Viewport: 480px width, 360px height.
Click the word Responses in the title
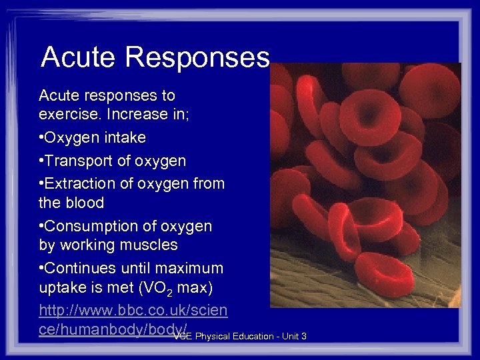click(x=196, y=57)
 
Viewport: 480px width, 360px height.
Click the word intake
click(x=123, y=138)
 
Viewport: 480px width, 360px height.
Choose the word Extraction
click(x=79, y=183)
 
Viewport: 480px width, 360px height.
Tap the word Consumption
click(x=89, y=226)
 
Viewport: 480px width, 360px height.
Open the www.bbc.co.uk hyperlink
click(x=133, y=311)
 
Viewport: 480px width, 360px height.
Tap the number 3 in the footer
click(x=303, y=336)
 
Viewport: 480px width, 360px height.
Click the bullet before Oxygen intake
click(x=41, y=138)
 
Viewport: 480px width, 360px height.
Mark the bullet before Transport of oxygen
click(x=41, y=161)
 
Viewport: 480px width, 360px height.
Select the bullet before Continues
click(x=41, y=269)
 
